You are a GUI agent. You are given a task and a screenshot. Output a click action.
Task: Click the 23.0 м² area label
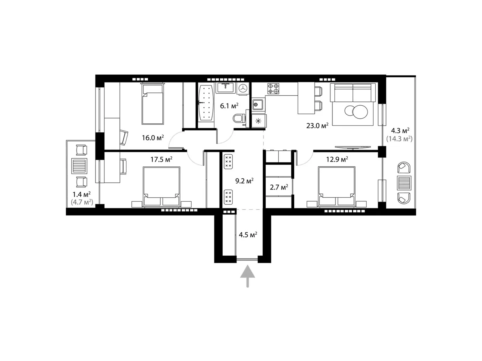tap(317, 125)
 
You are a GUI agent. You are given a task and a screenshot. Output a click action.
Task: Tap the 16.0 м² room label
tap(153, 138)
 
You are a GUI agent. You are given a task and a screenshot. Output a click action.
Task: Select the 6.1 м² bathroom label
tap(229, 106)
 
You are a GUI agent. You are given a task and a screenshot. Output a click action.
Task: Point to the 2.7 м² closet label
tap(279, 187)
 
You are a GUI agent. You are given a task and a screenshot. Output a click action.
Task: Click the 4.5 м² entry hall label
tap(248, 235)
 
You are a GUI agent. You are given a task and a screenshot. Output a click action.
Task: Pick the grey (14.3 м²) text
tap(399, 139)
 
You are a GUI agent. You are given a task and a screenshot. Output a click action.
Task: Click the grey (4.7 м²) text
tap(82, 202)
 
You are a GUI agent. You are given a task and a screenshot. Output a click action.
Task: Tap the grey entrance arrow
tap(248, 276)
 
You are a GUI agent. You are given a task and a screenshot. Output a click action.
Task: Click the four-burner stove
tap(273, 88)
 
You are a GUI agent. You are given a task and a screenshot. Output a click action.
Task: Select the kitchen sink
tap(258, 105)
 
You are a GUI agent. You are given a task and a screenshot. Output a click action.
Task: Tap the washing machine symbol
tap(243, 88)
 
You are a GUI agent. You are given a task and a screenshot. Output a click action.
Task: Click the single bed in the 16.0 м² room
tap(153, 104)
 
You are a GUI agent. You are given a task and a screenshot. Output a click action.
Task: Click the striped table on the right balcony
tap(404, 183)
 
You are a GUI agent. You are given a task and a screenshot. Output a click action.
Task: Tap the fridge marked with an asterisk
tap(258, 121)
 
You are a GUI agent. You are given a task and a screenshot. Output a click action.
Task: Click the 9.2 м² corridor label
tap(244, 181)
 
